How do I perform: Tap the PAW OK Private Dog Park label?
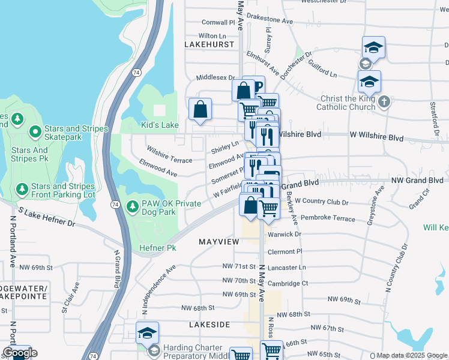[170, 208]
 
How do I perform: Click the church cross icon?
[384, 102]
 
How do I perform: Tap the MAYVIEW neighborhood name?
[218, 242]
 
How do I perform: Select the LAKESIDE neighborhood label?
[209, 324]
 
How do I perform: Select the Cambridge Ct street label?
[288, 283]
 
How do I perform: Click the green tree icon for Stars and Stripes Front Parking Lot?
[22, 190]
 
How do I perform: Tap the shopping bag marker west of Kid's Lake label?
[200, 110]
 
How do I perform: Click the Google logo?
[20, 353]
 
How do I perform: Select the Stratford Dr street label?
[433, 113]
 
